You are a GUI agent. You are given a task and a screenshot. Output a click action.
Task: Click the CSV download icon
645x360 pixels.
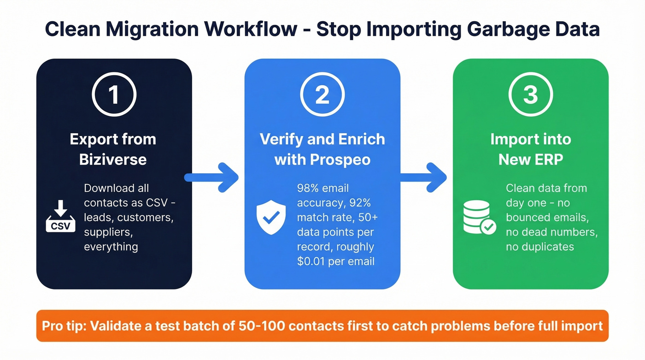[60, 219]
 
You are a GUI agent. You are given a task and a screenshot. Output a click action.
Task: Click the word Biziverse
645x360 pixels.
[113, 159]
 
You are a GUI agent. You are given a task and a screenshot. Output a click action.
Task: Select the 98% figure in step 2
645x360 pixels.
[310, 188]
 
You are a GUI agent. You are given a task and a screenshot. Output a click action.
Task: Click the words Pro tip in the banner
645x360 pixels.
[64, 326]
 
